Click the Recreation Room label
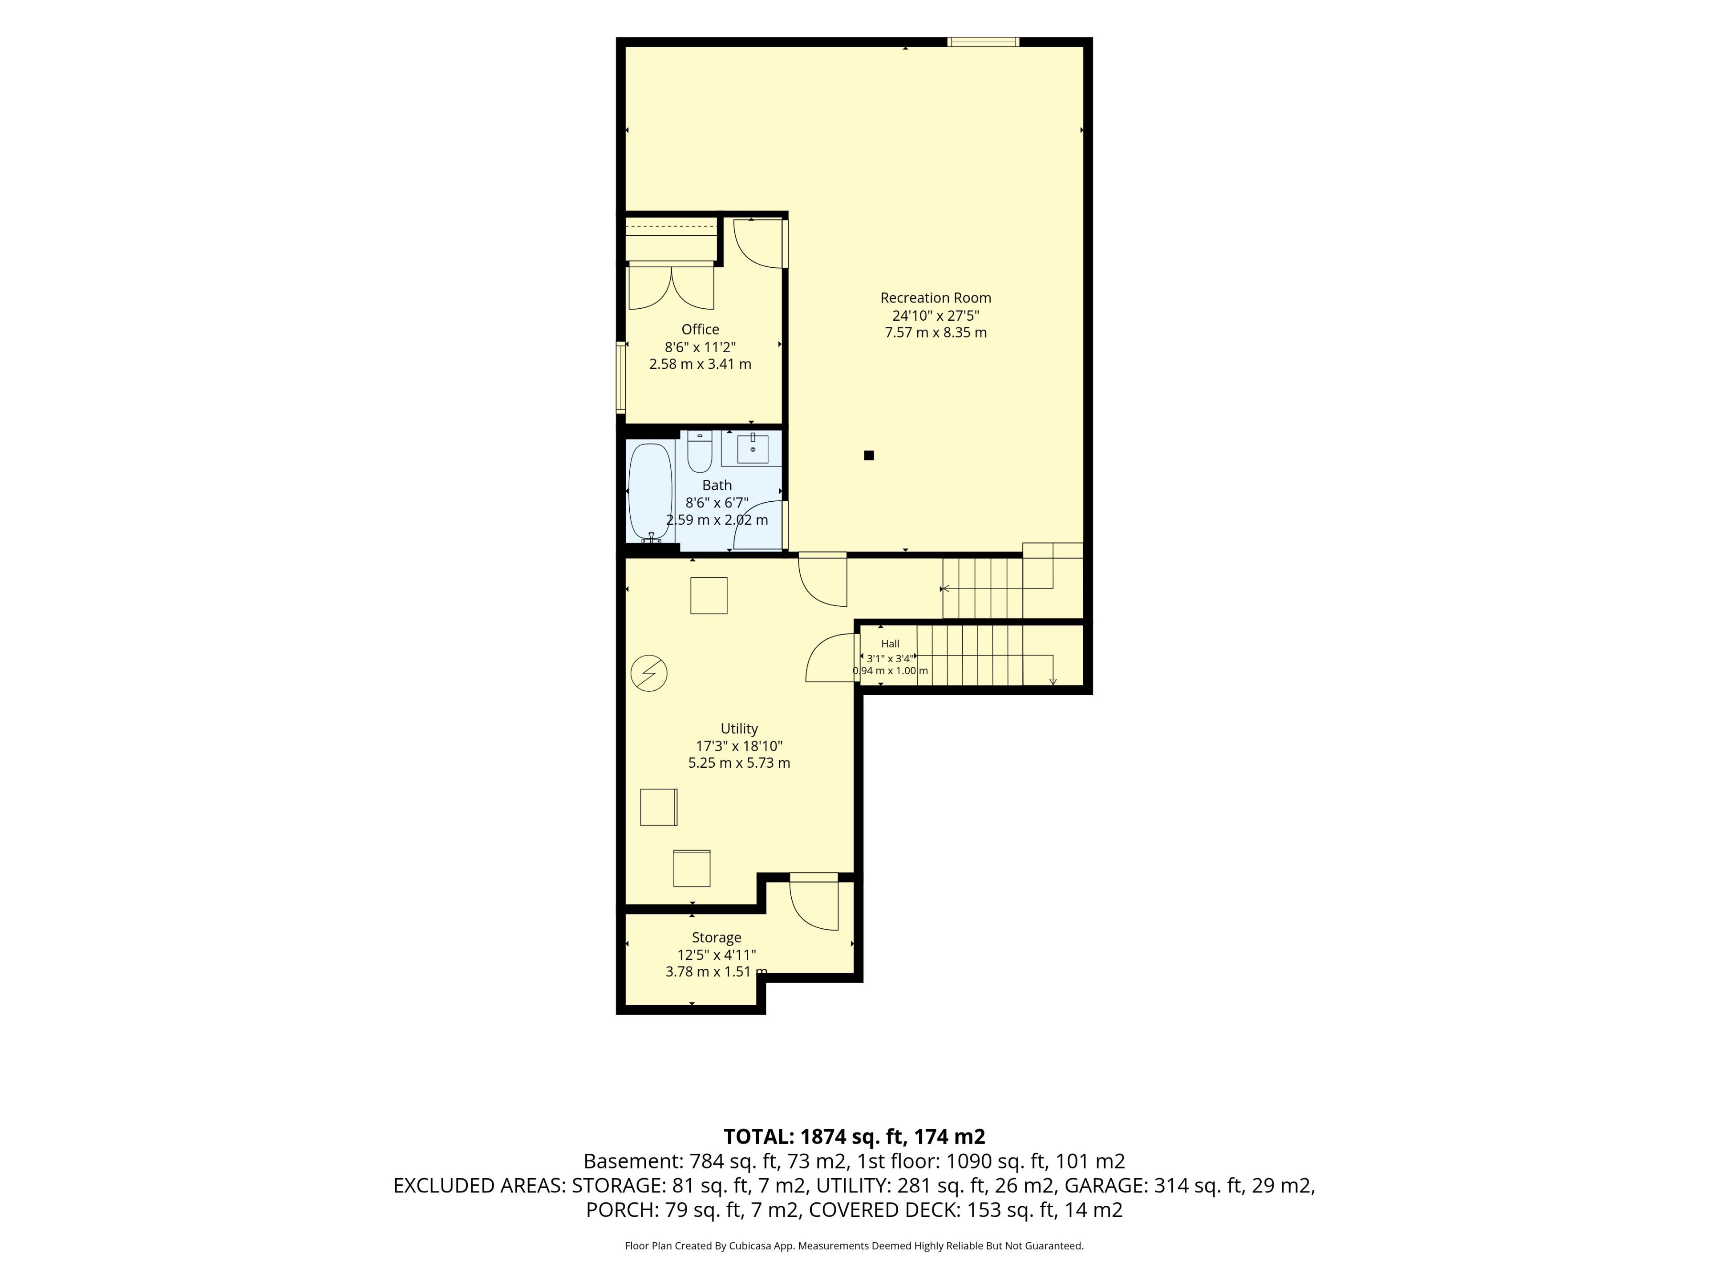(x=935, y=298)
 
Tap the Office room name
(x=700, y=330)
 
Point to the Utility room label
(x=739, y=729)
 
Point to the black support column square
(x=869, y=455)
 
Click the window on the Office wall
(x=620, y=378)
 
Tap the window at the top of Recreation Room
(x=984, y=42)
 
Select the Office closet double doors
(x=672, y=286)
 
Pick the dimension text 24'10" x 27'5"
(x=935, y=316)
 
